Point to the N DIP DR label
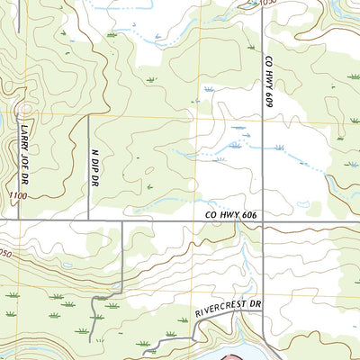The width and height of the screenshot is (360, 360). pos(94,166)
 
